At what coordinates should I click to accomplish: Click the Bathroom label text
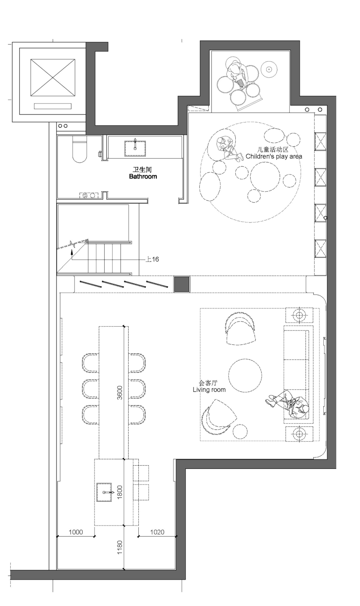143,176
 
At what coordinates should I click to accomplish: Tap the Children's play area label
274,156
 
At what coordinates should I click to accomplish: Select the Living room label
209,390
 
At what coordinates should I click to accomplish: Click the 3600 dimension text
120,392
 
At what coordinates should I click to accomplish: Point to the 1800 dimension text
120,492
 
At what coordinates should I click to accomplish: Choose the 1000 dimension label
76,532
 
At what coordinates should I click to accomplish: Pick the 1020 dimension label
157,532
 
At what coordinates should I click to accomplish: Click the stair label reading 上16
152,259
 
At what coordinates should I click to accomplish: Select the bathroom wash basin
135,148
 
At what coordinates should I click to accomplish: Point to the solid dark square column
182,284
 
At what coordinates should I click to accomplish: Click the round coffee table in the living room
245,375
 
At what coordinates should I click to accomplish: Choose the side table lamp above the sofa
299,315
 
